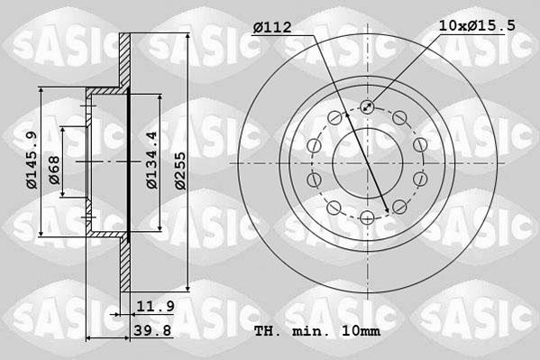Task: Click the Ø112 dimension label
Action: coord(271,27)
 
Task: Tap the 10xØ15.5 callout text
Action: coord(477,26)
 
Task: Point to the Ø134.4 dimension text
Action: coord(152,160)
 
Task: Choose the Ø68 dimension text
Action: coord(55,170)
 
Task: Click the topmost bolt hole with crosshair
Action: coord(368,107)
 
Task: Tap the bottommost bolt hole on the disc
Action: coord(368,217)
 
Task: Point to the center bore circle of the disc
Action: coord(368,162)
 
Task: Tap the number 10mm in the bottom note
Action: coord(362,330)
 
